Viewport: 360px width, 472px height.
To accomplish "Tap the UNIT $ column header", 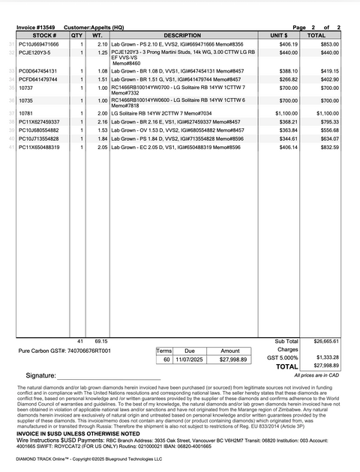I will [279, 35].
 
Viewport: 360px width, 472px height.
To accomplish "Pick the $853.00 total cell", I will [330, 45].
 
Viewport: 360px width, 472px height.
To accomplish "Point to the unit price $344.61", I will [289, 139].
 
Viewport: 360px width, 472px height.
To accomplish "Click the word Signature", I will [40, 375].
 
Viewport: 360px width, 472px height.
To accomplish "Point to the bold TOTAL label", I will [286, 366].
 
